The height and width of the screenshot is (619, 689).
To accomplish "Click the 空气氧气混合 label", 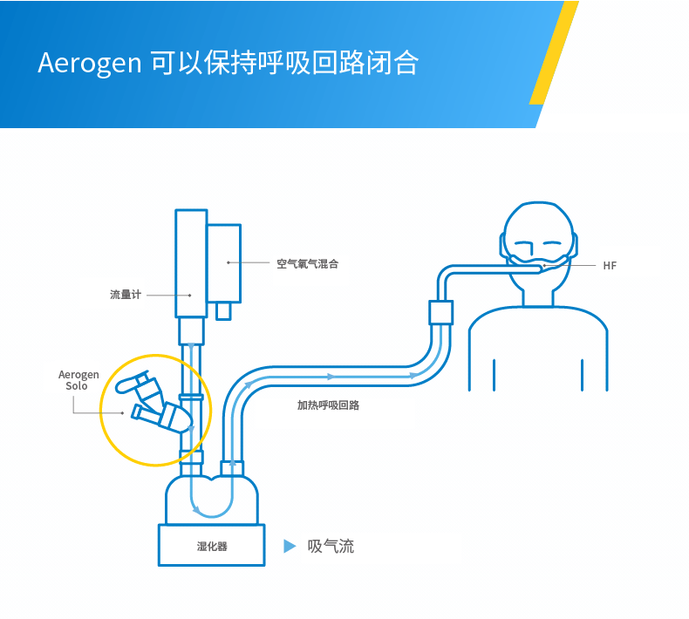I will (x=307, y=263).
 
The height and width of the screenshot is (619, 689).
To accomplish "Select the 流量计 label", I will (x=125, y=295).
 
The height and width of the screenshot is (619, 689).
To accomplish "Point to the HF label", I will (x=610, y=265).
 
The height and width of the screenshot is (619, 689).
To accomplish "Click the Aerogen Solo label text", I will (x=78, y=380).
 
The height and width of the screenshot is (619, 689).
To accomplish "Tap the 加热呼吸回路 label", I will (x=328, y=405).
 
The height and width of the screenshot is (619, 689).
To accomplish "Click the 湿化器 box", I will (x=211, y=546).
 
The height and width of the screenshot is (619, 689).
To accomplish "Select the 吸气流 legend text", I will (x=331, y=547).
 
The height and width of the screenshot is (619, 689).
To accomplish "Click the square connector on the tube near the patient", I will (x=441, y=312).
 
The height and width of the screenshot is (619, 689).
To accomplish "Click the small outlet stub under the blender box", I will (x=224, y=310).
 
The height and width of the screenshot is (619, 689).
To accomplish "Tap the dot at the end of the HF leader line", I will (x=545, y=265).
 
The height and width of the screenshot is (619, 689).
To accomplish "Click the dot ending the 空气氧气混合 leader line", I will (x=229, y=262).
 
